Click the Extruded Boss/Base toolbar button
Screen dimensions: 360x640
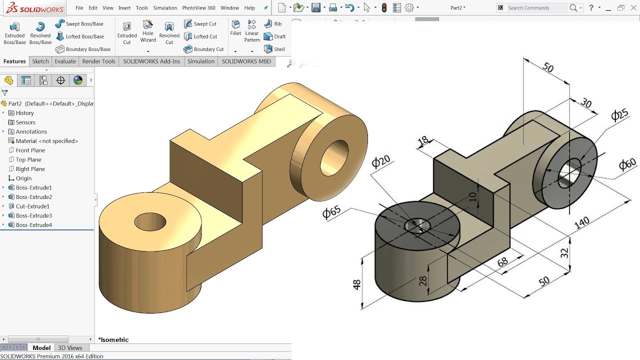[x=14, y=33]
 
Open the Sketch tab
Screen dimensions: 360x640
[x=40, y=61]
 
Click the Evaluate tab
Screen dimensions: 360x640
[x=65, y=61]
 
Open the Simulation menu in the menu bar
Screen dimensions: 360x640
[x=165, y=8]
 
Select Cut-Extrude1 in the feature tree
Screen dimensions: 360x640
[x=32, y=206]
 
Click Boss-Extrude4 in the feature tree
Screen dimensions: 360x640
[x=33, y=225]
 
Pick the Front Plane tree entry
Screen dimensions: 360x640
[x=30, y=150]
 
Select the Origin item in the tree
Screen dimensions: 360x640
[x=23, y=178]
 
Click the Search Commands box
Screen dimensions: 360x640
[x=537, y=8]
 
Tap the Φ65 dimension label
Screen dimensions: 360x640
[x=331, y=212]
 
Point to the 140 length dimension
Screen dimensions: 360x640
[x=582, y=223]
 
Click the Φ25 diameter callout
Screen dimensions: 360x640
[x=619, y=115]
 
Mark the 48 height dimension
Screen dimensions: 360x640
[x=356, y=284]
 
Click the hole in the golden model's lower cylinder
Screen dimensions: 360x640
[x=149, y=221]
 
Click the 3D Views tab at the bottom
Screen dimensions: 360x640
[x=70, y=348]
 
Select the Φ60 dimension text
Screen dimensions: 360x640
[x=627, y=164]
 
